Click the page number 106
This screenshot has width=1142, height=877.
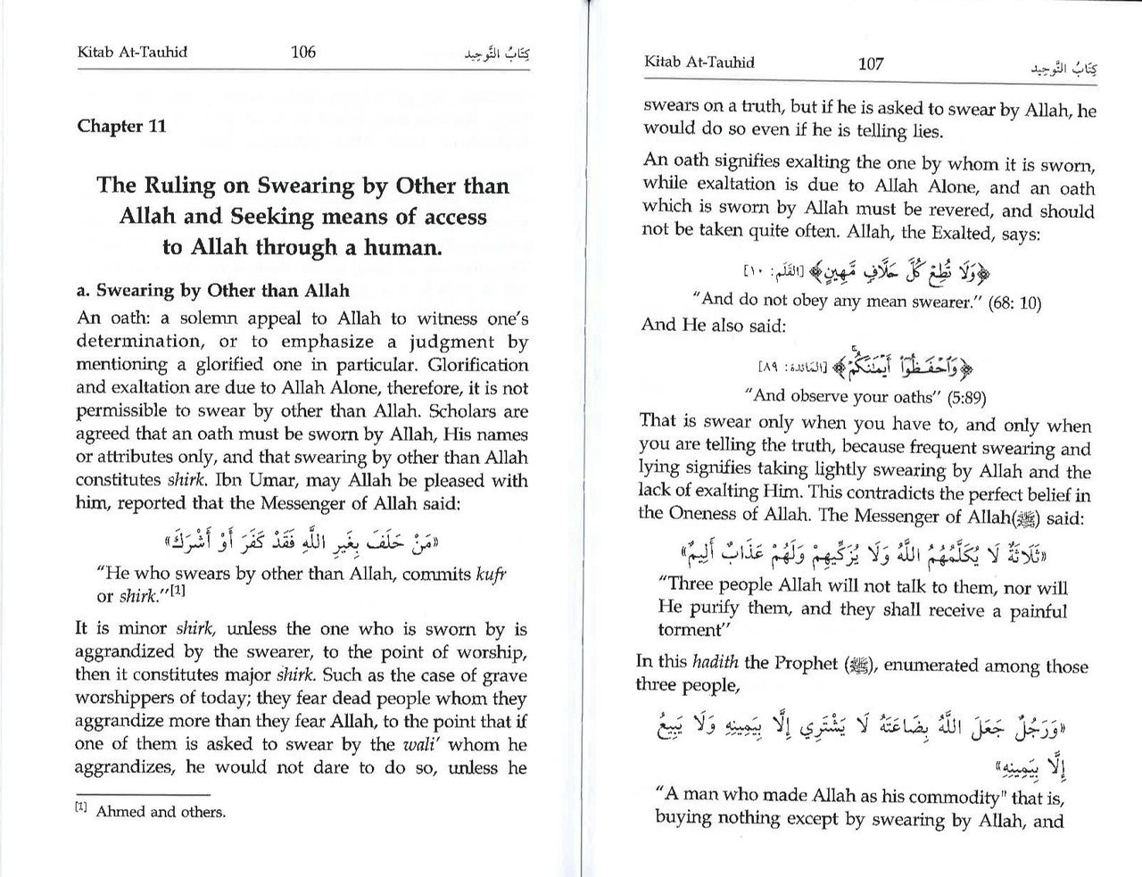pos(303,52)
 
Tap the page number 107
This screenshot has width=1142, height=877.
pos(870,63)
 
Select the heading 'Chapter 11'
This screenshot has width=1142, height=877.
pos(121,126)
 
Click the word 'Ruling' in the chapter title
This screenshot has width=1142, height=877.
pos(175,186)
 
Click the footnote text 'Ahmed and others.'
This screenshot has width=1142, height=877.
pos(161,812)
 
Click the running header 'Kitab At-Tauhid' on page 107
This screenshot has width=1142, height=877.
pos(699,62)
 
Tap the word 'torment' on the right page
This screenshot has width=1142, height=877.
pos(689,630)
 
